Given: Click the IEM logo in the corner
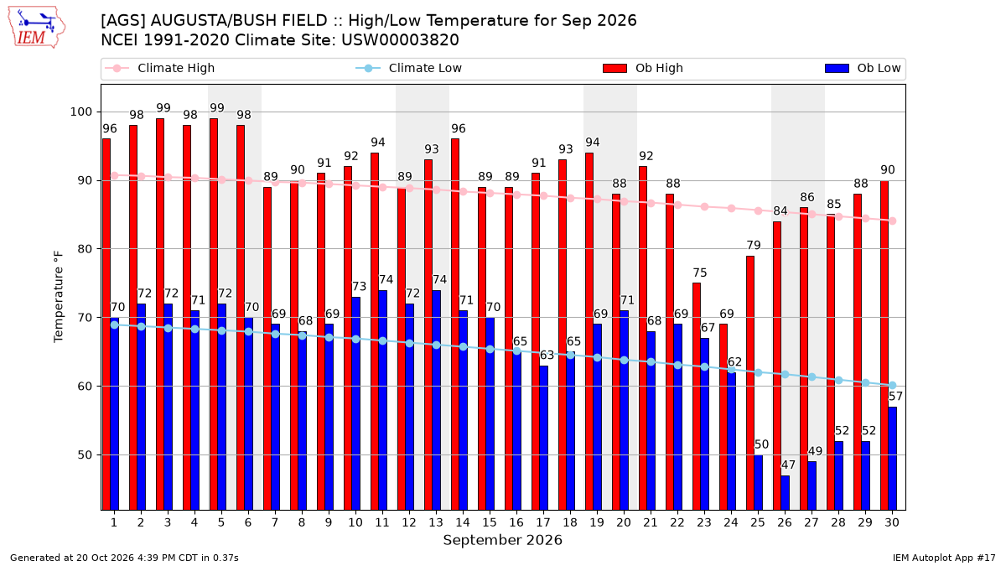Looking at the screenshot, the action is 36,28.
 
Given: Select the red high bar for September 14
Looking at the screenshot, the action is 455,325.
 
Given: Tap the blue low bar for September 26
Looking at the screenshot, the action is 785,493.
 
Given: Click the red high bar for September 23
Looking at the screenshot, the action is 697,397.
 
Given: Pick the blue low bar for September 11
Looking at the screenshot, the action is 382,400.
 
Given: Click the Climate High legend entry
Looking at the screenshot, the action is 160,68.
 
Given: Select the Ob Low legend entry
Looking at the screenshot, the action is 863,68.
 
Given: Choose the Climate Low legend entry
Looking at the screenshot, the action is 409,68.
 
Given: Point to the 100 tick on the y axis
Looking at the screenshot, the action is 80,112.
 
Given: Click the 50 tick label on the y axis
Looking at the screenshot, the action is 85,455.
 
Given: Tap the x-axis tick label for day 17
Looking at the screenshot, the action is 543,522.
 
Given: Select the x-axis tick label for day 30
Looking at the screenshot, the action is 892,522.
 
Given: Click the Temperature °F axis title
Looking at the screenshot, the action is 59,297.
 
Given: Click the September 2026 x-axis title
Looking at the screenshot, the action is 502,540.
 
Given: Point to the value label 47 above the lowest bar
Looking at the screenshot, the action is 788,465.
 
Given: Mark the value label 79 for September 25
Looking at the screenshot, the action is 754,245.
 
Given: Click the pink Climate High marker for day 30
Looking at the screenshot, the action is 893,221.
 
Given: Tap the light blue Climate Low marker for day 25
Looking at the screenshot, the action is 759,373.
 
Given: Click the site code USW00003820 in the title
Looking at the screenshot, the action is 400,40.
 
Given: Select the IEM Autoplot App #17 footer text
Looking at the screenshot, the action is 944,558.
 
